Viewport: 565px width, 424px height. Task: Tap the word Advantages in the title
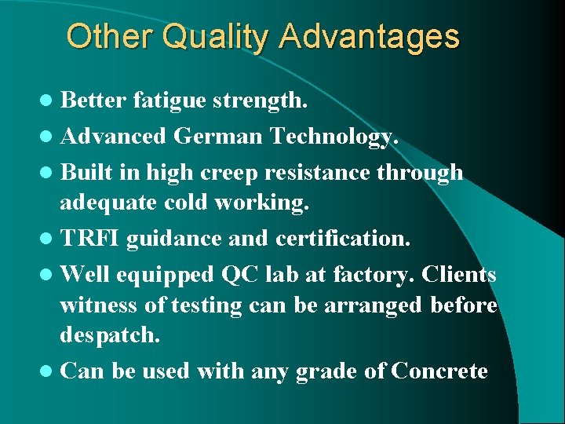point(368,37)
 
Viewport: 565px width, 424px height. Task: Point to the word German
point(218,137)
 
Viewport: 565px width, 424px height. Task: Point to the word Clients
point(459,275)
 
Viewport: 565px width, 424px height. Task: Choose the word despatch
point(110,336)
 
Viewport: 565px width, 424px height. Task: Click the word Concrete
point(440,371)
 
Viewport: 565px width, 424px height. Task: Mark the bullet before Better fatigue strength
point(49,101)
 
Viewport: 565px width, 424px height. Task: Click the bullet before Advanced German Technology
point(49,137)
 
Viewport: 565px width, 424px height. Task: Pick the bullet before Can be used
point(49,371)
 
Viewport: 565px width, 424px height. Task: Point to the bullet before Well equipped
point(49,275)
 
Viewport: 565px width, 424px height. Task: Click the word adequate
point(109,203)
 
